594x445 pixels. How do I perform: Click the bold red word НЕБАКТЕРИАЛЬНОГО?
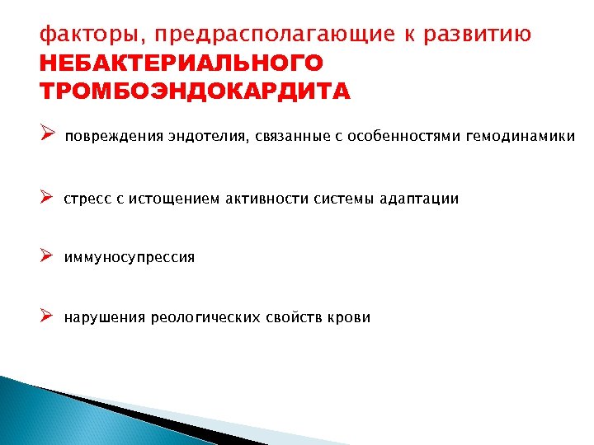[x=181, y=63]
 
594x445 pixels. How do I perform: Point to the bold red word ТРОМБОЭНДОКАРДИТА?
[x=195, y=90]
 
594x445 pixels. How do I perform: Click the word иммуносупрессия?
[x=130, y=258]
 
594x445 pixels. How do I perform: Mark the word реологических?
[x=205, y=318]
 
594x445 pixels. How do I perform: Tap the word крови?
[x=350, y=318]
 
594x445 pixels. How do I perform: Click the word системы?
[x=344, y=199]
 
